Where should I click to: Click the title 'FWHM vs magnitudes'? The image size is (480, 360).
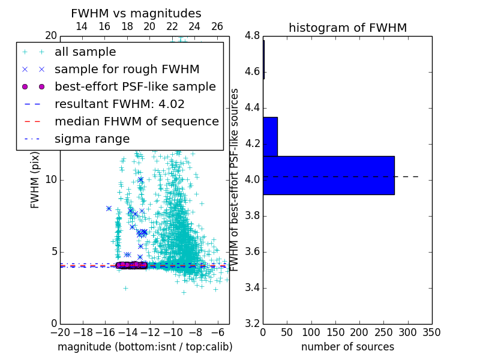[x=136, y=13]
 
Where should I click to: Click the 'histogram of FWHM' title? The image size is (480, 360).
[x=347, y=28]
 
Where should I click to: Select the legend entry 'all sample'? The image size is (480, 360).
[x=85, y=52]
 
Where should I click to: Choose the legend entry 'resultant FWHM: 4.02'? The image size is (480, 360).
[x=119, y=104]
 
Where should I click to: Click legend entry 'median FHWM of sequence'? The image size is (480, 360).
[x=137, y=122]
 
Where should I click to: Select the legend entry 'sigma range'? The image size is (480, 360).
[x=92, y=139]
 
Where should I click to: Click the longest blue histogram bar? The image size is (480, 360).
[x=328, y=175]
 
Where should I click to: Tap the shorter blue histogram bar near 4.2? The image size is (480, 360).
[x=270, y=136]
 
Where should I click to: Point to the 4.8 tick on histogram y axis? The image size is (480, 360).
[x=252, y=36]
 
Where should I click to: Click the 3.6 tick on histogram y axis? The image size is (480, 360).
[x=252, y=251]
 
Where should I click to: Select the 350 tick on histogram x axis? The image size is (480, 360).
[x=431, y=332]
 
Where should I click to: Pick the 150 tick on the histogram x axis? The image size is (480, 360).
[x=335, y=332]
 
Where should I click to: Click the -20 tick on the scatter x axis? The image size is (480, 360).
[x=60, y=332]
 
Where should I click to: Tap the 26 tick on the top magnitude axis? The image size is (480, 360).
[x=217, y=26]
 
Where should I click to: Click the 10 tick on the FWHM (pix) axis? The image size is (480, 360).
[x=52, y=180]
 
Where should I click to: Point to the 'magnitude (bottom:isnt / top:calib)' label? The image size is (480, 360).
[x=145, y=347]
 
